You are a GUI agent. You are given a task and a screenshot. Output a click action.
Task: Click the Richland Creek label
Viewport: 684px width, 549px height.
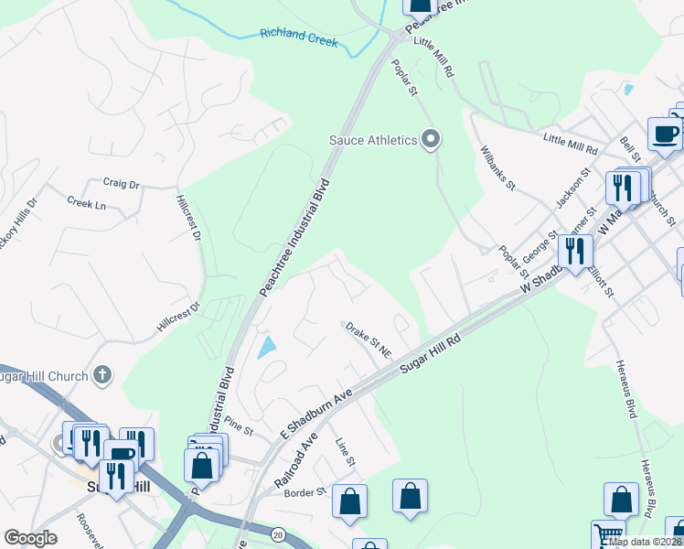(x=299, y=37)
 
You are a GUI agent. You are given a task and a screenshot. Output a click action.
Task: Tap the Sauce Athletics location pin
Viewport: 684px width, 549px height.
(x=432, y=140)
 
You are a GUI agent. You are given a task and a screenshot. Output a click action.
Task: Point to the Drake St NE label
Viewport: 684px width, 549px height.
(x=368, y=338)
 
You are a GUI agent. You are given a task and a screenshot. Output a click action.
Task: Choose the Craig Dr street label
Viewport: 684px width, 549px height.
(x=121, y=184)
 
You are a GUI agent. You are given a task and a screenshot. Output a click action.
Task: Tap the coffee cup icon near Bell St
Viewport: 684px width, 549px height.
(x=665, y=135)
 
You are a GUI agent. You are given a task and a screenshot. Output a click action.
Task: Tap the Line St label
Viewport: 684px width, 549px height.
(x=345, y=451)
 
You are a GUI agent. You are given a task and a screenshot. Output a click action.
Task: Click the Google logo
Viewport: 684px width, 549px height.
(x=30, y=538)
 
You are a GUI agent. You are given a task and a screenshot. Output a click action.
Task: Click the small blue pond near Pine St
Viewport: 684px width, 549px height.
(x=266, y=347)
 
